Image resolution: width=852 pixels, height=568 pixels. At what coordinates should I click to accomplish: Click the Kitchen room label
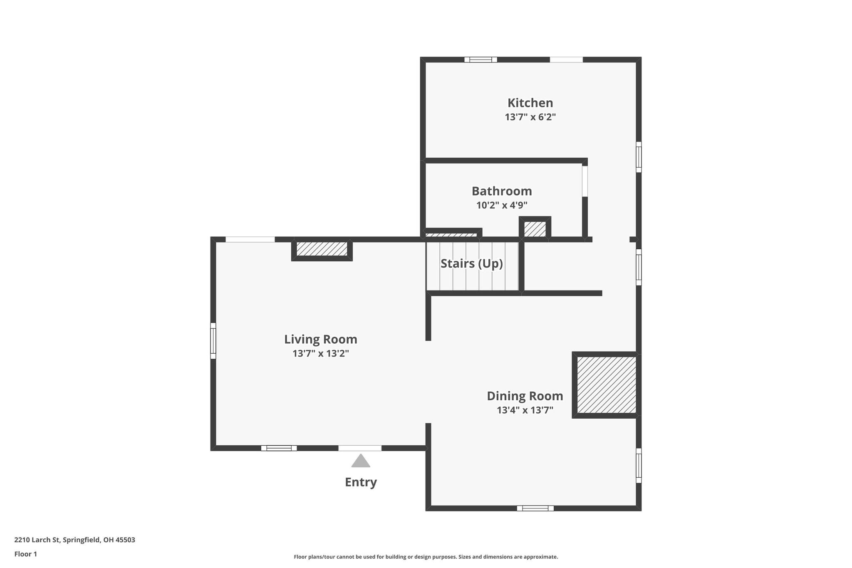[x=530, y=103]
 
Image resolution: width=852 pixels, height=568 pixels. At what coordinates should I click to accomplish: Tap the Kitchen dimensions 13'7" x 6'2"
[x=530, y=117]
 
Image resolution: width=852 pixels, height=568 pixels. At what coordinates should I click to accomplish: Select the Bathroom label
[x=501, y=191]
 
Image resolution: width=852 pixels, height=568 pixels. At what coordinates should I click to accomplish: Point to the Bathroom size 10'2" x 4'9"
[x=501, y=205]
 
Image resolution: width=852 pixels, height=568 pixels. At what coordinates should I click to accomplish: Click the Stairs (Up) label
[x=471, y=263]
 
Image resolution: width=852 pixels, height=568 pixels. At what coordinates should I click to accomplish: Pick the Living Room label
[x=320, y=339]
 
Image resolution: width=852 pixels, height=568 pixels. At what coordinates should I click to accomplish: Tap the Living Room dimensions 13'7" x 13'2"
[x=320, y=354]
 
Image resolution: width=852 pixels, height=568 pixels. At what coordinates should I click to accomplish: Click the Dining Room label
[x=525, y=396]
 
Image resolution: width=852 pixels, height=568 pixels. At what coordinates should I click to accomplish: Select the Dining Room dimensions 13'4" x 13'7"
[x=525, y=410]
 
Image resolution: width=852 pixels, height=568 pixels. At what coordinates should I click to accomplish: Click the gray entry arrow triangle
[x=360, y=461]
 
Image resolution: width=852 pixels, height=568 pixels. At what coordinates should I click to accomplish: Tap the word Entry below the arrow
[x=360, y=482]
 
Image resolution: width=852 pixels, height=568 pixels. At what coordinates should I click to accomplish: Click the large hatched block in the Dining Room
[x=606, y=385]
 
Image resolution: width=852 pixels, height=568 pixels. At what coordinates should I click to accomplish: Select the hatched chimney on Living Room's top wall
[x=322, y=249]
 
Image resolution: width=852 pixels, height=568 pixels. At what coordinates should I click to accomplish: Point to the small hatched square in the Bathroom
[x=535, y=229]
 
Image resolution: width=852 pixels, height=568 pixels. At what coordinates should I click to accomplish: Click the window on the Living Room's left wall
[x=213, y=340]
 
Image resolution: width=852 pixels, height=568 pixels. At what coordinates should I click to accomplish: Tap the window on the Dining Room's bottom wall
[x=535, y=508]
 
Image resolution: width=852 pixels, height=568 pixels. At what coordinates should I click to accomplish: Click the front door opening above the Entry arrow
[x=360, y=448]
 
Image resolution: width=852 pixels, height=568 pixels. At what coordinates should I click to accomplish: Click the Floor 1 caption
[x=26, y=554]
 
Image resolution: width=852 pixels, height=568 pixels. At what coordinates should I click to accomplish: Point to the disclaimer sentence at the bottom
[x=426, y=557]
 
